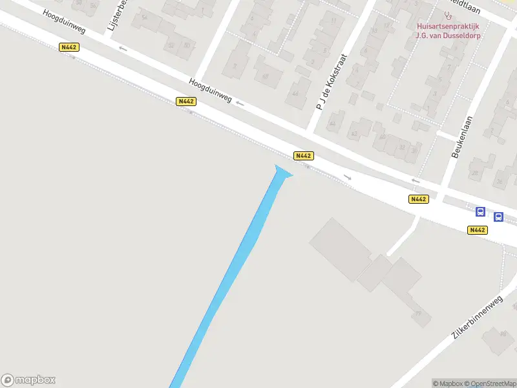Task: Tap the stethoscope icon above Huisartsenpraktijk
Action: coord(447,14)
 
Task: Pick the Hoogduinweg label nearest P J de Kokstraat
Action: coord(210,90)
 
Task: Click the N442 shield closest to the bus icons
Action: coord(478,230)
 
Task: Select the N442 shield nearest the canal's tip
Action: coord(303,156)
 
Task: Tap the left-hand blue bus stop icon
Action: coord(480,211)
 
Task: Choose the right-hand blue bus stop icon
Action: coord(498,217)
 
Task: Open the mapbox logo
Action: coord(28,380)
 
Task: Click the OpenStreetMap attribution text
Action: coord(489,384)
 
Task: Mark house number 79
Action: coord(418,314)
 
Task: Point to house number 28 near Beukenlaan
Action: coord(474,173)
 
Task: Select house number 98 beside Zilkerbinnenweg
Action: coord(503,334)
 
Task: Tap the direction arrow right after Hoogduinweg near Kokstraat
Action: coord(240,103)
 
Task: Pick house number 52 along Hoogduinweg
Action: coord(171,45)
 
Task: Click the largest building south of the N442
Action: coord(341,249)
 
